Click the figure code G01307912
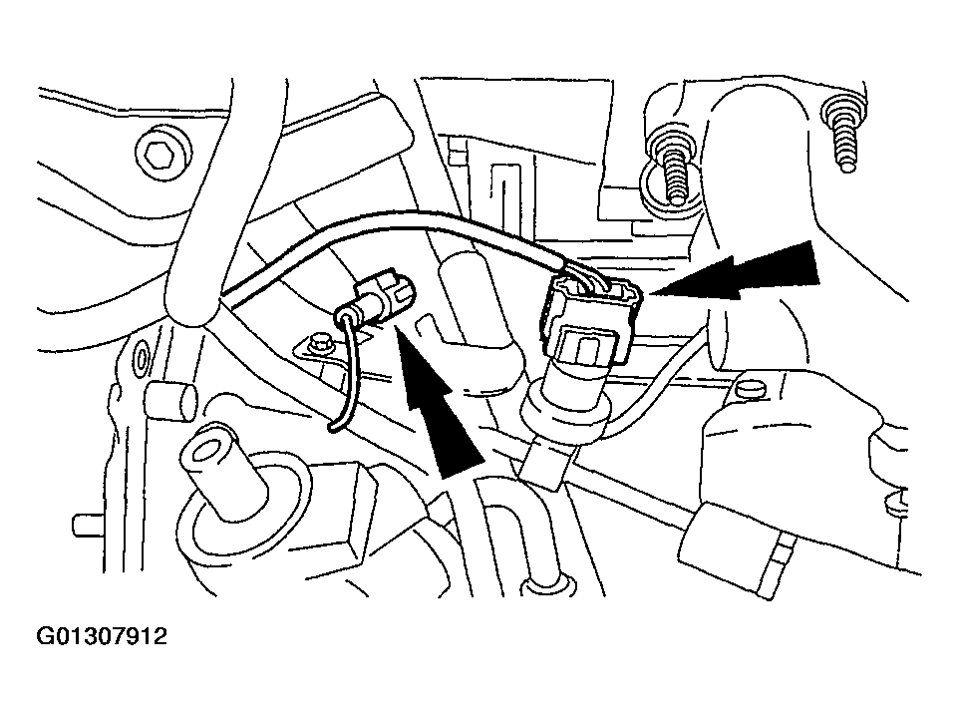point(102,636)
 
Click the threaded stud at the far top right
point(844,136)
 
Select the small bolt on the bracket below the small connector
point(318,342)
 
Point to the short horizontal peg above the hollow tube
point(171,400)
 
